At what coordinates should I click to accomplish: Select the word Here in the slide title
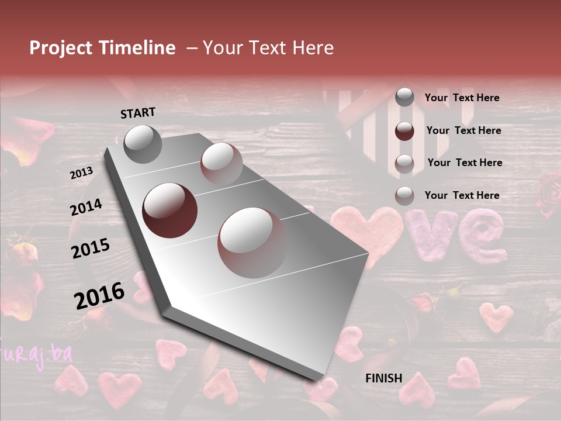pyautogui.click(x=311, y=48)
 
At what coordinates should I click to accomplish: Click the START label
pyautogui.click(x=138, y=113)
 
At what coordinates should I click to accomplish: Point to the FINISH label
pyautogui.click(x=383, y=378)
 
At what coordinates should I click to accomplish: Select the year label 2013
pyautogui.click(x=81, y=173)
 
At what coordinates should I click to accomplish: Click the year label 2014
pyautogui.click(x=86, y=208)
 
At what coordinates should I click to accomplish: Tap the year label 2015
pyautogui.click(x=90, y=249)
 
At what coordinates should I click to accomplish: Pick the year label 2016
pyautogui.click(x=99, y=296)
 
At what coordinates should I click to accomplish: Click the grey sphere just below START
pyautogui.click(x=143, y=144)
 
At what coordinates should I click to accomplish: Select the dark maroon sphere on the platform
pyautogui.click(x=169, y=210)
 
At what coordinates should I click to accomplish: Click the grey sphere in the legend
pyautogui.click(x=404, y=97)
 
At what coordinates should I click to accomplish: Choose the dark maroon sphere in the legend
pyautogui.click(x=404, y=131)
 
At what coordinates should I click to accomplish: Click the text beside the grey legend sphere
pyautogui.click(x=462, y=98)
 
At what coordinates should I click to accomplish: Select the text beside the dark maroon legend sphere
pyautogui.click(x=463, y=131)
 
